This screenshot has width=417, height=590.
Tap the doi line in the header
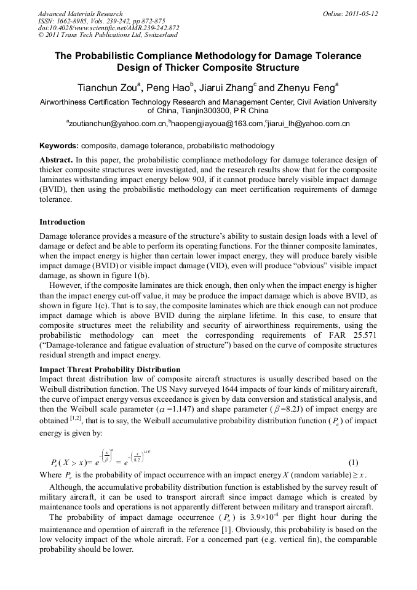tap(108, 28)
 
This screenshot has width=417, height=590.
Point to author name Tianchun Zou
tap(106, 87)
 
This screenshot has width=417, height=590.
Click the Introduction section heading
tap(62, 221)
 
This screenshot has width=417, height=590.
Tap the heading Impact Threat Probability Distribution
tap(109, 370)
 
